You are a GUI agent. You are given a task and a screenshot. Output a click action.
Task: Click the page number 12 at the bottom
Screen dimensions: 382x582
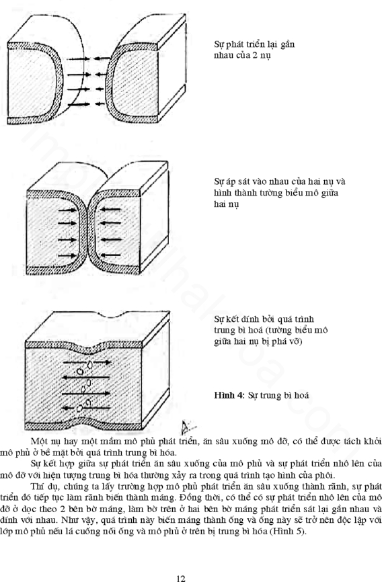[x=181, y=578]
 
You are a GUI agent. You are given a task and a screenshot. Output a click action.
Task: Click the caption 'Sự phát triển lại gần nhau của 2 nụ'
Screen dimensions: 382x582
[x=254, y=50]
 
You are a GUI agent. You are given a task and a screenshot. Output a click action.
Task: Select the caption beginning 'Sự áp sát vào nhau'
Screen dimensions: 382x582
[x=280, y=193]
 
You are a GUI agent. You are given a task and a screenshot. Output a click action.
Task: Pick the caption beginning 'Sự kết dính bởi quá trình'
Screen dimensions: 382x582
[x=271, y=330]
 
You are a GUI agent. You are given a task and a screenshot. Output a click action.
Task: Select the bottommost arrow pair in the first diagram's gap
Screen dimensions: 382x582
[x=89, y=105]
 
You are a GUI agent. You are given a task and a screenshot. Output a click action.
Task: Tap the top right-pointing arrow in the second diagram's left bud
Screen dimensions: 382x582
[x=68, y=210]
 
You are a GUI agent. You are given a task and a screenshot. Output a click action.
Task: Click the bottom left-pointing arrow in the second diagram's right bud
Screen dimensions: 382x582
[x=110, y=255]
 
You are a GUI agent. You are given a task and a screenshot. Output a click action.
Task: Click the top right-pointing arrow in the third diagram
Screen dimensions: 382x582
[x=87, y=362]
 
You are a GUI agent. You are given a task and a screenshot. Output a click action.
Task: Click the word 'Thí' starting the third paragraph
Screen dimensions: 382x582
[x=37, y=487]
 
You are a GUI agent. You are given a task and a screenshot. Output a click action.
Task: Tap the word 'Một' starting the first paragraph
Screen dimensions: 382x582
[x=38, y=442]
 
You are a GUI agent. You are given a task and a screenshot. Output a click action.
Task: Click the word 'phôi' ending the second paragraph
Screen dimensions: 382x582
[x=325, y=475]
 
